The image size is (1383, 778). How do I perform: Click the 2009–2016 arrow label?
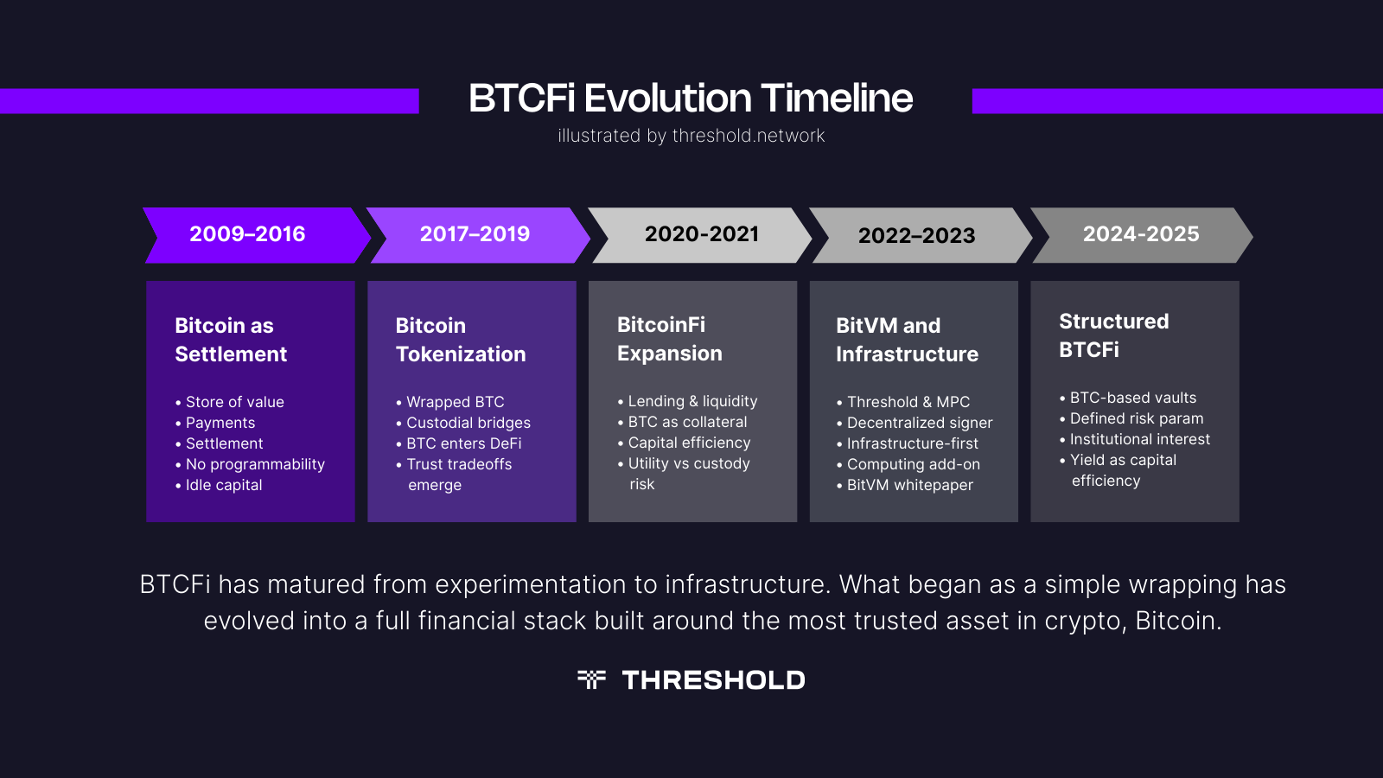[x=247, y=234]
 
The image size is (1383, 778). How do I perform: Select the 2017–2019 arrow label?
[x=475, y=234]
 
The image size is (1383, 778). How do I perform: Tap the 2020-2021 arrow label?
[x=702, y=234]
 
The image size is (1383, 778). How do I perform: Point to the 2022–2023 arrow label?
[x=916, y=236]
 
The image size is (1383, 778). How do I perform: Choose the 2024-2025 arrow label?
[x=1141, y=234]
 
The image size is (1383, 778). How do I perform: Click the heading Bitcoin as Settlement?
[x=231, y=340]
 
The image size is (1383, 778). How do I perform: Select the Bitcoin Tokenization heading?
[x=461, y=340]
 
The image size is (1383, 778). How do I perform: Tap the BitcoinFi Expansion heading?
[x=670, y=339]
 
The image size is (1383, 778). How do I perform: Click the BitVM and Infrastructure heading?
[x=907, y=340]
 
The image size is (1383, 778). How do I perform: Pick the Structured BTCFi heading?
[x=1113, y=335]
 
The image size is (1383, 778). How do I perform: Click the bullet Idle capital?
[x=224, y=485]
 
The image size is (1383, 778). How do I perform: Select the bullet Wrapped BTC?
[x=455, y=402]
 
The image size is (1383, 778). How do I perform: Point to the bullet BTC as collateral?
[x=687, y=422]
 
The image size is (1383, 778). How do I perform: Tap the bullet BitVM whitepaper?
[x=909, y=485]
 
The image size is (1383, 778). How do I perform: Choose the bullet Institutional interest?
[x=1139, y=439]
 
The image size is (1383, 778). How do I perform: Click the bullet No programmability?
[x=255, y=464]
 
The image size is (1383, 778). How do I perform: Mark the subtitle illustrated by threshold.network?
[x=691, y=136]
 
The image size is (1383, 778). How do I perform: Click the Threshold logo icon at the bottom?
[x=591, y=679]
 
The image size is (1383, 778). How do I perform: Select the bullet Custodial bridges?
[x=468, y=423]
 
